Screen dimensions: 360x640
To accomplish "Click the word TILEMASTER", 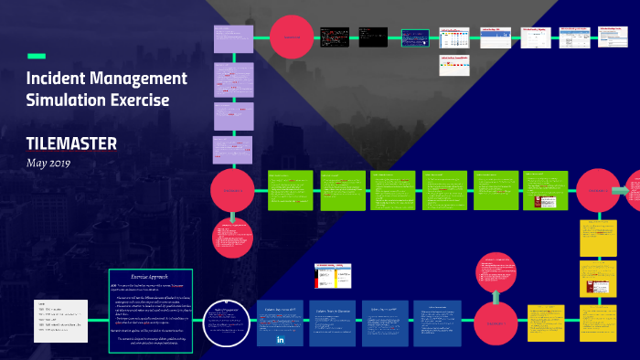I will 72,143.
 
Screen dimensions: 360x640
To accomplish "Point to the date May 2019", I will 48,163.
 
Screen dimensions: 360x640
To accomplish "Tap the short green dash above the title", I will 37,56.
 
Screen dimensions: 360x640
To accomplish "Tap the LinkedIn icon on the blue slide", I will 280,340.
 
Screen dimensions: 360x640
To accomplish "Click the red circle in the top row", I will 292,37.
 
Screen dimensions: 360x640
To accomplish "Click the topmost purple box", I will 232,38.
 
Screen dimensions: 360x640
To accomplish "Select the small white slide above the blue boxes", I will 328,278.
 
